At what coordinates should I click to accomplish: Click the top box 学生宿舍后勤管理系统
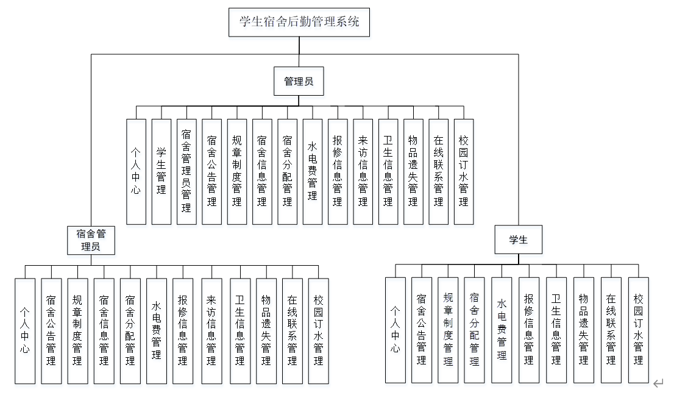[x=299, y=23]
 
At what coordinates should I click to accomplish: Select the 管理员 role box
[x=299, y=81]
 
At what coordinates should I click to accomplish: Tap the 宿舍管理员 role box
[x=91, y=240]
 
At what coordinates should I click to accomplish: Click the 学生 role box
[x=518, y=240]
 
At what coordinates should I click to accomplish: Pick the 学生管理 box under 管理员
[x=161, y=171]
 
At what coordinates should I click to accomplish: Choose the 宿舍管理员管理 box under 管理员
[x=186, y=171]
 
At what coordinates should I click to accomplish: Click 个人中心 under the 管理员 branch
[x=136, y=171]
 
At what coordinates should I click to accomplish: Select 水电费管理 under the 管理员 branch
[x=312, y=171]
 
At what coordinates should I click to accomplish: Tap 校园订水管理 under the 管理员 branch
[x=464, y=171]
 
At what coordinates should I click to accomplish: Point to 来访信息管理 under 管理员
[x=363, y=171]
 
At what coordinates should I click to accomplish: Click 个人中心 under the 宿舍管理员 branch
[x=25, y=331]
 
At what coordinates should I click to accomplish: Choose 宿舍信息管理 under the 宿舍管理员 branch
[x=104, y=331]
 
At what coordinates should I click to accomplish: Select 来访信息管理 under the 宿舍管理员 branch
[x=211, y=331]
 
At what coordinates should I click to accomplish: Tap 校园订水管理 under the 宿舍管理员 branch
[x=318, y=331]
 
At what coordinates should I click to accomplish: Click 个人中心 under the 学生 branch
[x=395, y=330]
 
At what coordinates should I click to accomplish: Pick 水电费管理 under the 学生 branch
[x=502, y=330]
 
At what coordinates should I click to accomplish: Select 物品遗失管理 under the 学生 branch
[x=583, y=330]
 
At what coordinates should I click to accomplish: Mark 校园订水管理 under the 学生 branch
[x=638, y=330]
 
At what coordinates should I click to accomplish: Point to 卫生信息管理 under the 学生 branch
[x=556, y=330]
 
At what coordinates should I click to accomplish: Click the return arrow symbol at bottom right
[x=658, y=383]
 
